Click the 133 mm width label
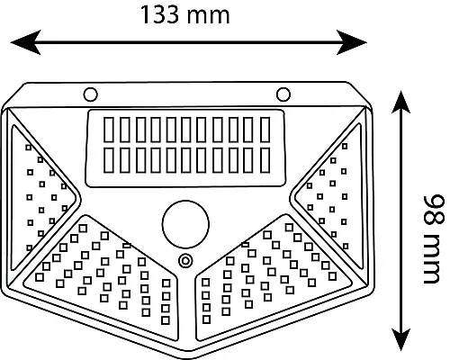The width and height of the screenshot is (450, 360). coord(184,14)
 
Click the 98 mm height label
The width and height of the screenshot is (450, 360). coord(433,239)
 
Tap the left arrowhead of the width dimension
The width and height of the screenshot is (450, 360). coord(26,42)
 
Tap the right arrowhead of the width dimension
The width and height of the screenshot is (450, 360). coord(351,42)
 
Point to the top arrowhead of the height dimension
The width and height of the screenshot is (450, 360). coord(400,102)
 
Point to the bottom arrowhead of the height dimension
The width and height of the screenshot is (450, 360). coord(400,339)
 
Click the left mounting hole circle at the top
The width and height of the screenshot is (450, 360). coord(90,94)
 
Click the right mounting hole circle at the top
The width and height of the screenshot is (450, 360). coord(283,94)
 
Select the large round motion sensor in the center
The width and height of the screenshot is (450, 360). coord(185,224)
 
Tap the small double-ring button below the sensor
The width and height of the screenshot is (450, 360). coord(185,261)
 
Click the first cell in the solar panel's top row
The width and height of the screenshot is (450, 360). coord(109,130)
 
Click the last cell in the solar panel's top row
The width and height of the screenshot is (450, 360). coord(265,130)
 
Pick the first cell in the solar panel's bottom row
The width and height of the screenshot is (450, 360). coord(109,160)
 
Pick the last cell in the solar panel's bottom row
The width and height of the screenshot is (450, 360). coord(265,160)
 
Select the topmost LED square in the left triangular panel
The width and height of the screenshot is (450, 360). coord(29,148)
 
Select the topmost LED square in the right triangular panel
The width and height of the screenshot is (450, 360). coord(345,147)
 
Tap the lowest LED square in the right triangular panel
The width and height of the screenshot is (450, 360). coord(346,247)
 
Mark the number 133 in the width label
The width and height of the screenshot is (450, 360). coord(159,14)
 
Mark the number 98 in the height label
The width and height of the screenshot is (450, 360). coord(434,211)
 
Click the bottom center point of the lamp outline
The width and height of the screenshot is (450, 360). coord(185,358)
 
